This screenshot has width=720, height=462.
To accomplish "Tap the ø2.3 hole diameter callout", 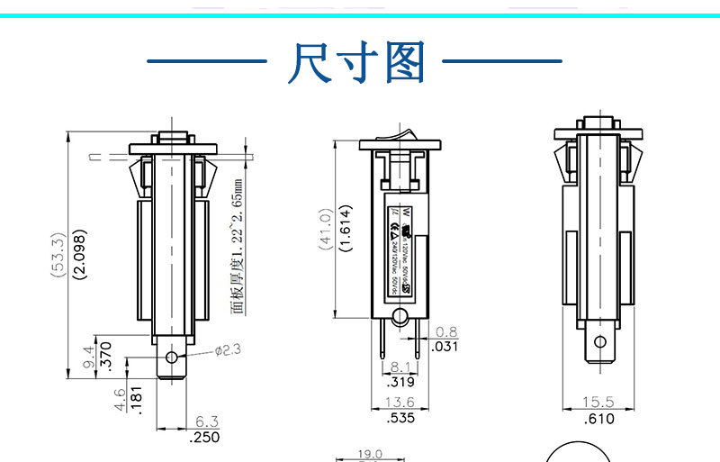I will point(227,349).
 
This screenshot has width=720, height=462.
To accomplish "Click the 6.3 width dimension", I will point(206,421).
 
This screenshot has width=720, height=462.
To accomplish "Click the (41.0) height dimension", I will point(326,229).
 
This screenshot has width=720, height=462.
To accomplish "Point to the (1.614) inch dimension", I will point(346,229).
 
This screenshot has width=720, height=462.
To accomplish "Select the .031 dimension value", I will point(445,347).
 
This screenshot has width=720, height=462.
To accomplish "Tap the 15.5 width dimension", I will point(598,402).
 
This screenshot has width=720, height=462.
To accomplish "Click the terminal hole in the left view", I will point(173,358).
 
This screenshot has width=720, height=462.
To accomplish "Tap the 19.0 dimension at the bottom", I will point(370,455).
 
